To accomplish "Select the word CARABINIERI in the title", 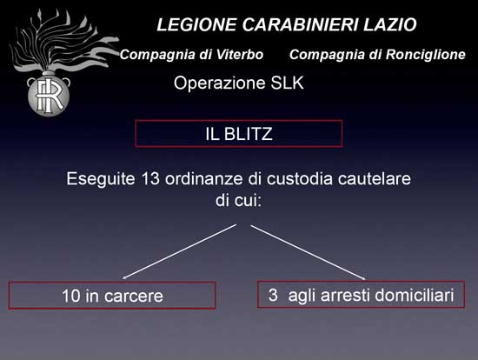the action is [300, 24].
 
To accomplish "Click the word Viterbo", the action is [240, 55].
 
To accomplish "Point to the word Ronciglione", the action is [426, 55].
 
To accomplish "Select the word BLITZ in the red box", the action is [249, 134].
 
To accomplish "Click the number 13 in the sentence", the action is [150, 178].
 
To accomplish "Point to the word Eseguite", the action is [101, 179].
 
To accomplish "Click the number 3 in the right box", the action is [273, 295].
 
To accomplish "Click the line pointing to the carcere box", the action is [180, 251].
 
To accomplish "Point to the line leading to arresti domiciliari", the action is [308, 252].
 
